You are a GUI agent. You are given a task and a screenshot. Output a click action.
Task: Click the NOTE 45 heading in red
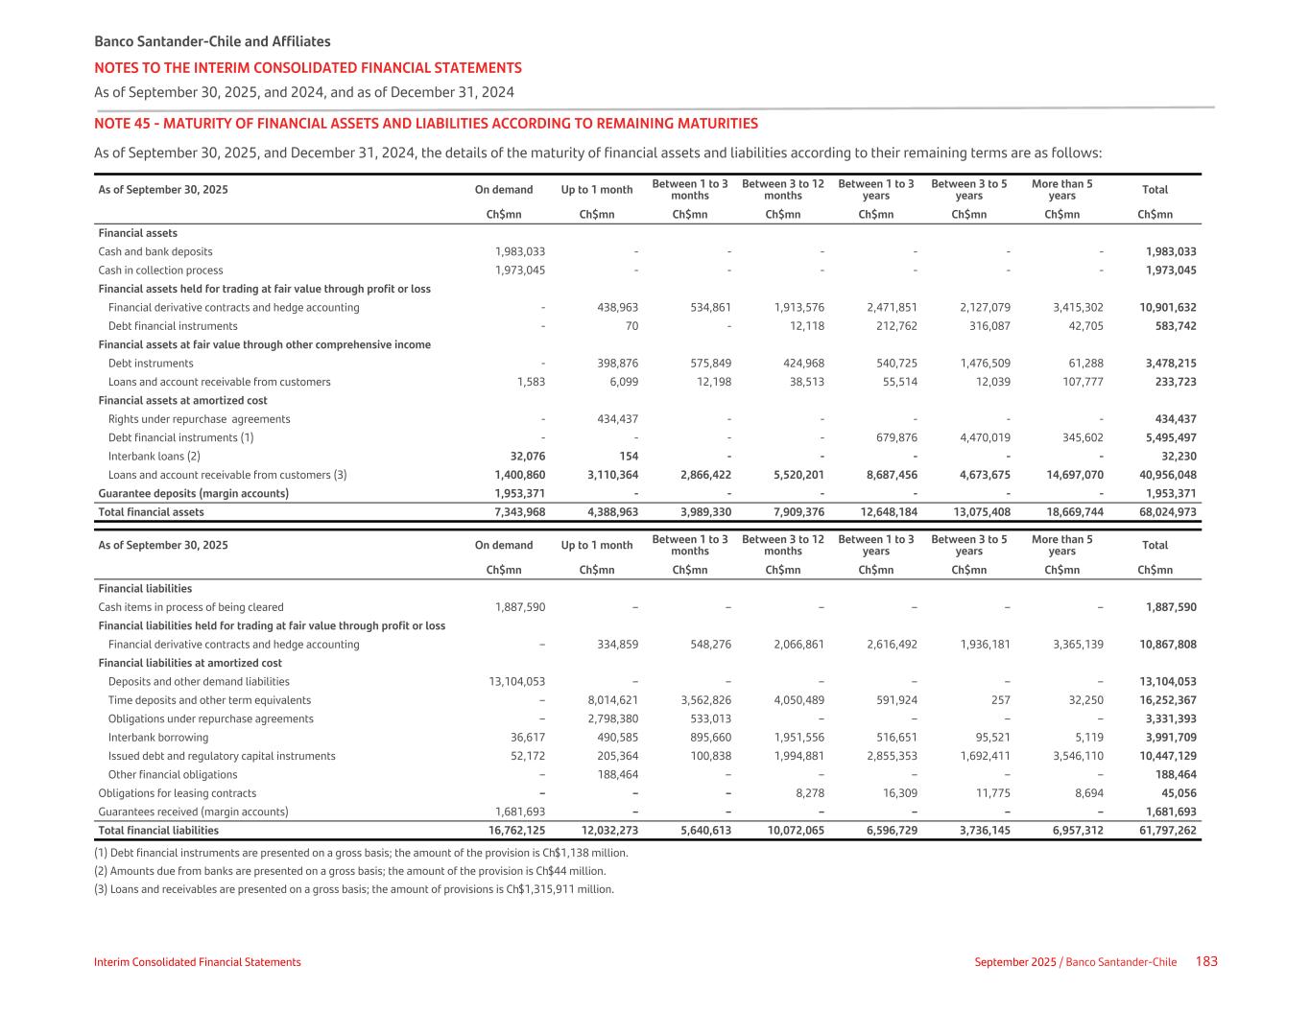425,124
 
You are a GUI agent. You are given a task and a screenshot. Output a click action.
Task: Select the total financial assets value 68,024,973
1168,512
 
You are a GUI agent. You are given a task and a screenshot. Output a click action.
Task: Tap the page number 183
1206,961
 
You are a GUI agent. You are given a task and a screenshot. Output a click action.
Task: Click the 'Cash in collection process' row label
160,271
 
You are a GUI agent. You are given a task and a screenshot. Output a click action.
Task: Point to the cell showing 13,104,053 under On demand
516,682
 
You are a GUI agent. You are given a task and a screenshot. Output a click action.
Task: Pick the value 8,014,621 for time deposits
612,700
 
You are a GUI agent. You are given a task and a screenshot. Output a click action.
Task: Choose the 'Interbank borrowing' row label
158,738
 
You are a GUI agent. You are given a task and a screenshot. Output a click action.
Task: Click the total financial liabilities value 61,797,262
1168,831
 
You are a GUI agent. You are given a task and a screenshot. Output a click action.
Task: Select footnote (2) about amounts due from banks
349,871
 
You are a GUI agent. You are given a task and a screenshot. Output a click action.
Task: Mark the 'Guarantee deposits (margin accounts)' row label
193,494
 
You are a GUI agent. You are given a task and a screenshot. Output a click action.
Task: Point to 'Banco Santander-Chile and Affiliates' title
212,41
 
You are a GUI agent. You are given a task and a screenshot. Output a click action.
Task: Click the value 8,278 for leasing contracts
806,793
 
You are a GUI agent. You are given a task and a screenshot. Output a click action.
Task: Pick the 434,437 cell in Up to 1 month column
612,419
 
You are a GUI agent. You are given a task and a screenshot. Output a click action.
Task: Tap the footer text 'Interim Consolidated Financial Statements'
197,962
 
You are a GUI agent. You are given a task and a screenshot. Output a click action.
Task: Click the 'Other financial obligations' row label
173,775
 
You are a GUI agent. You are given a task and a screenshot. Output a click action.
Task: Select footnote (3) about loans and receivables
353,889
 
